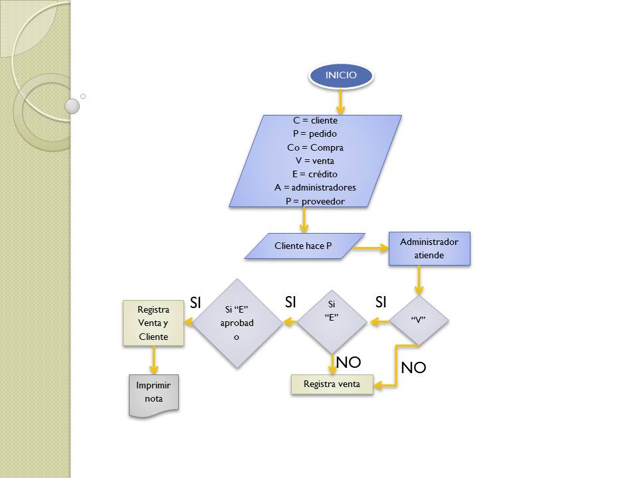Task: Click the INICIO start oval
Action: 341,76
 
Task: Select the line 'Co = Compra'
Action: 315,147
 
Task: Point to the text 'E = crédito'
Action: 315,174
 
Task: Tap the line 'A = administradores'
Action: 315,187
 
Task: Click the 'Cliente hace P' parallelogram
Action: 304,246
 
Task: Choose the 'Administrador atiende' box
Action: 429,248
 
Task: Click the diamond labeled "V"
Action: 418,320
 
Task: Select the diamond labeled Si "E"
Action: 332,312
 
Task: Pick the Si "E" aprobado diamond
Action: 237,323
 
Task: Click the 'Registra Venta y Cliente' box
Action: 154,323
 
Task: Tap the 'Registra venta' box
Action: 332,384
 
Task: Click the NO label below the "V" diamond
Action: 413,368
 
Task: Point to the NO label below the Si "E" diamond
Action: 348,362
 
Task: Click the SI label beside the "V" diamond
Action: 380,303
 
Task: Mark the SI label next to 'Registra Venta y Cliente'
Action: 195,303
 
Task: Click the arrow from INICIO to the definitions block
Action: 341,101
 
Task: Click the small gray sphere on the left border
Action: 72,106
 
